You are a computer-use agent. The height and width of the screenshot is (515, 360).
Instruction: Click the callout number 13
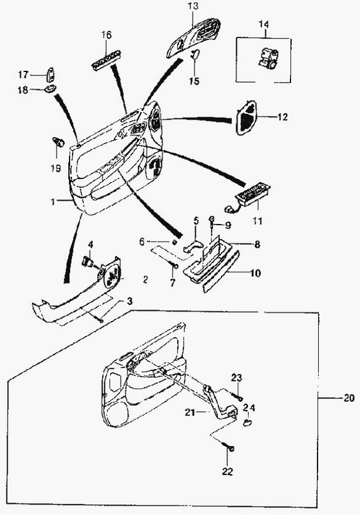click(x=193, y=6)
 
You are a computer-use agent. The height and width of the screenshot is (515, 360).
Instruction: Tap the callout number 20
click(x=349, y=398)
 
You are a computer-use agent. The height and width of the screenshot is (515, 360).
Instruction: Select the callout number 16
click(x=106, y=35)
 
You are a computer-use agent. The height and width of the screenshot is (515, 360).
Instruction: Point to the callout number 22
click(x=227, y=472)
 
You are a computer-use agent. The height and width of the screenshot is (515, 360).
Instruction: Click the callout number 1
click(x=53, y=201)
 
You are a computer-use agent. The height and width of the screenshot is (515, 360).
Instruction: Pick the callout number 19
click(x=56, y=168)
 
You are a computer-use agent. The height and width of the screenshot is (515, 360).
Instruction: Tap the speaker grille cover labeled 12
click(x=246, y=117)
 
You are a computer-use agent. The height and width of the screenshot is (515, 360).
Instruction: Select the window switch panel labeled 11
click(x=248, y=198)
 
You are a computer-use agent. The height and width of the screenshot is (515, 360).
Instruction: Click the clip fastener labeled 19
click(x=58, y=142)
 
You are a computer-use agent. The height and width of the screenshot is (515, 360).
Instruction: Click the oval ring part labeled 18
click(x=50, y=89)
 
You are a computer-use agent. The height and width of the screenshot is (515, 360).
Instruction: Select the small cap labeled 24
click(x=247, y=422)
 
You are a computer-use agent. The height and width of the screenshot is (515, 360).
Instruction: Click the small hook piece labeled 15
click(x=195, y=53)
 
